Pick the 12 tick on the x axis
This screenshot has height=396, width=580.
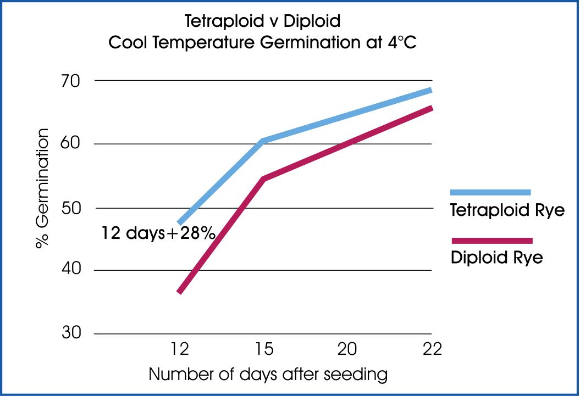180,349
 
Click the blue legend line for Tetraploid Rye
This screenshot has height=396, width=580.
490,192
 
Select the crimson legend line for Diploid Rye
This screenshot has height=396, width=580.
491,241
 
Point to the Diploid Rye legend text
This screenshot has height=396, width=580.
496,257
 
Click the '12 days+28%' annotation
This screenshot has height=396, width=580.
157,233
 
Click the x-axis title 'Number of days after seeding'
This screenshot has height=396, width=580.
268,375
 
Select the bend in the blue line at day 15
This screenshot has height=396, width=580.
263,142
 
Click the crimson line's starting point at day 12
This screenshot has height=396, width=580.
180,292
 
